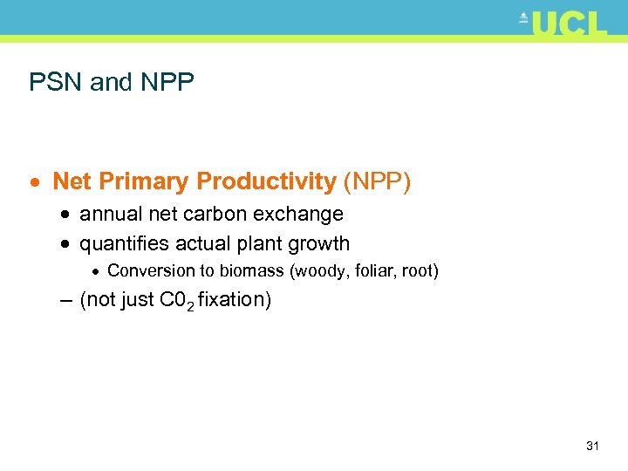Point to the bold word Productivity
click(266, 182)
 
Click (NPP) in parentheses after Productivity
click(377, 182)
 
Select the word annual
click(109, 215)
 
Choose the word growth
click(322, 244)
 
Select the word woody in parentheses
click(319, 271)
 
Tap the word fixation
click(235, 300)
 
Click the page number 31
click(592, 447)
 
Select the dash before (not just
click(66, 300)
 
